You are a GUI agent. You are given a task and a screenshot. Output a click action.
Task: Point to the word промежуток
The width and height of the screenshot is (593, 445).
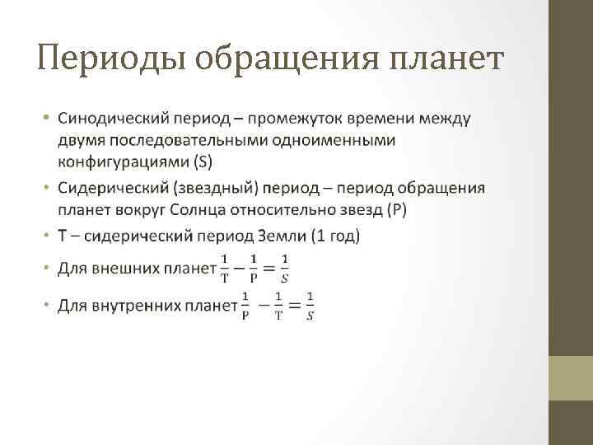292,120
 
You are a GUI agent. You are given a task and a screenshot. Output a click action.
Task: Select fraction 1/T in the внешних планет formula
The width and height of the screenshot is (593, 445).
225,267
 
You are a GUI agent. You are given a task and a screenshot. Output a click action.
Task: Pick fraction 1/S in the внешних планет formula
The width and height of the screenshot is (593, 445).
284,267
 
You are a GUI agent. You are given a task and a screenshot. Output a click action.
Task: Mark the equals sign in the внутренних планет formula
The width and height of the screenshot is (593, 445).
293,306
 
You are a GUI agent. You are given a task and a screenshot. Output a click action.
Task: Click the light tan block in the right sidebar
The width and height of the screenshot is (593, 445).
571,378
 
